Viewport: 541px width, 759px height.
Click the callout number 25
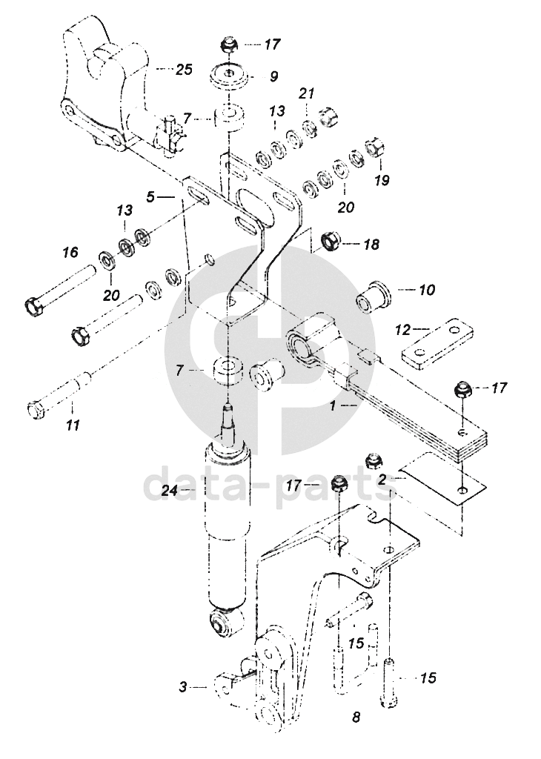click(x=183, y=70)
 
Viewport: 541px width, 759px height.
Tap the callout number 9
click(x=274, y=76)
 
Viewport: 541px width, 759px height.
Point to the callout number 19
click(x=382, y=181)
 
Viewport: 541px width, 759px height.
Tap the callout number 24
click(x=170, y=491)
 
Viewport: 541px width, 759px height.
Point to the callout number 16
click(x=70, y=252)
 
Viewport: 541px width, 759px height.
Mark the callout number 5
click(x=151, y=196)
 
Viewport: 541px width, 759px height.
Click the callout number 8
click(x=356, y=717)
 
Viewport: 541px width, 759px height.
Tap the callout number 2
click(x=382, y=480)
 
